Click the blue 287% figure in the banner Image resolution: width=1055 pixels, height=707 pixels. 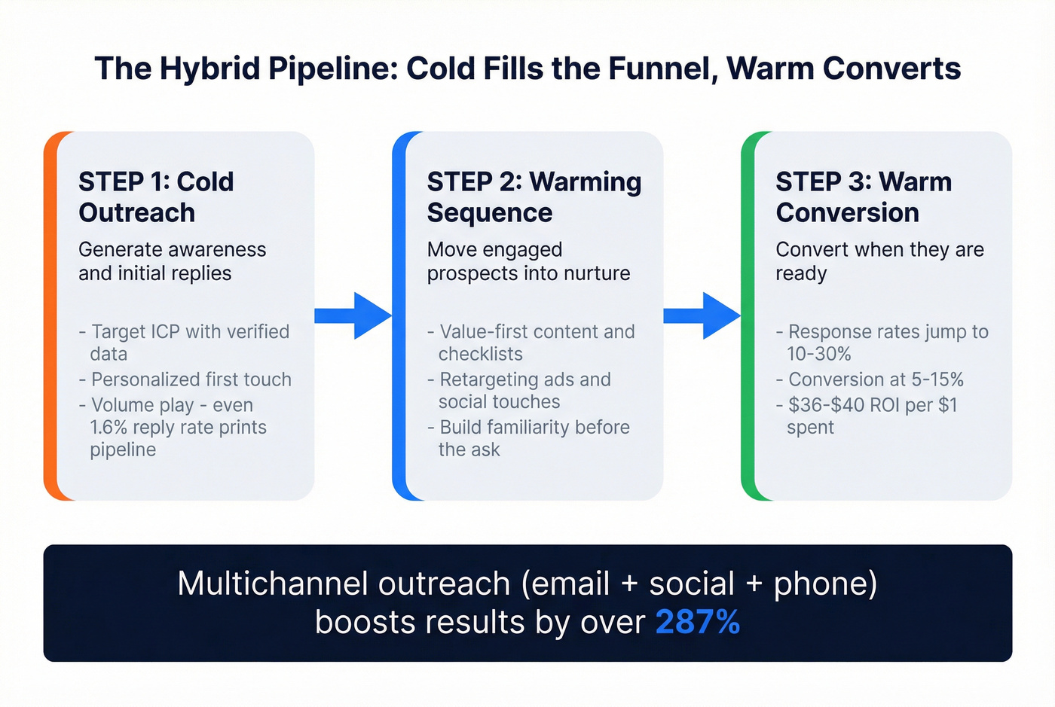point(697,623)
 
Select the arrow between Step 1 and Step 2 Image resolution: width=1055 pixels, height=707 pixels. point(353,315)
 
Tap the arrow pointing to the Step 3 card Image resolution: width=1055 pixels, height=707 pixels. point(702,315)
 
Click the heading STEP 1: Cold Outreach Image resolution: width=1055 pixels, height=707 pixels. point(156,197)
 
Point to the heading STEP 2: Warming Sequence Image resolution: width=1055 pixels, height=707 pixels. point(534,197)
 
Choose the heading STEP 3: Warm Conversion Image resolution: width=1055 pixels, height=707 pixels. point(864,197)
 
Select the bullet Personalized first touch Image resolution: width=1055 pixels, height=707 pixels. point(191,379)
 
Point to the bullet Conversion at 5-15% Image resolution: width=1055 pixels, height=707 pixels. point(876,379)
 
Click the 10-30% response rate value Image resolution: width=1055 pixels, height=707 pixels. point(818,354)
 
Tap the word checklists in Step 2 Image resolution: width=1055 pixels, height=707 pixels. point(480,354)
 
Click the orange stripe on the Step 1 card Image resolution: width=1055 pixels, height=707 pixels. point(50,316)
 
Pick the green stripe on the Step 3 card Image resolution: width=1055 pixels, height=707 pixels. point(748,316)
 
